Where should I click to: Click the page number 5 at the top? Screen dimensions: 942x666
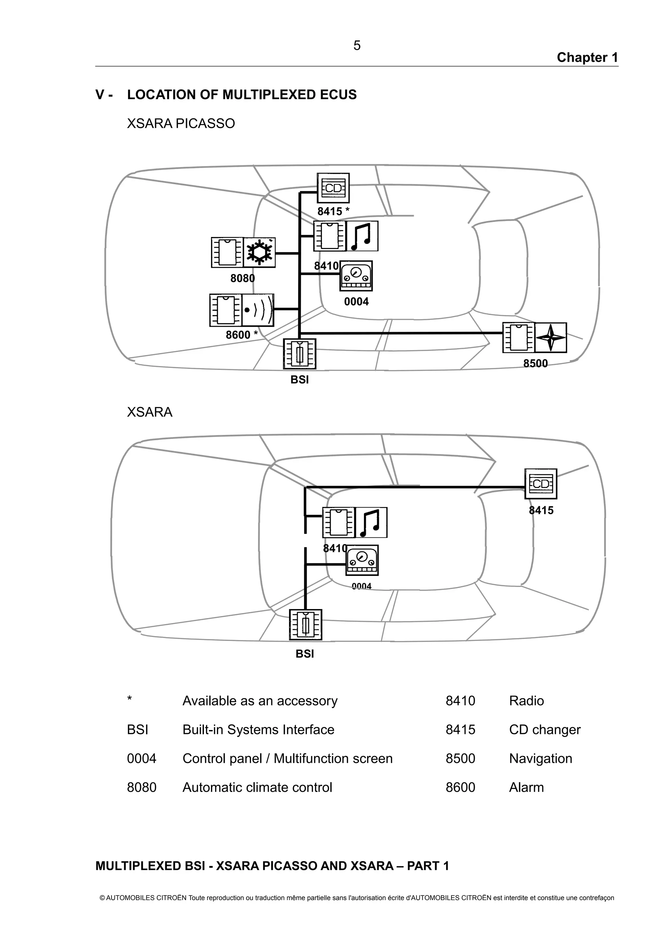[x=357, y=46]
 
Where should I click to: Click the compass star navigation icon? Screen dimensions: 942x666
[x=551, y=338]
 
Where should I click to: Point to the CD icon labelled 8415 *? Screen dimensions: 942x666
[x=333, y=188]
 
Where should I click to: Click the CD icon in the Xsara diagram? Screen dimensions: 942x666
[x=540, y=484]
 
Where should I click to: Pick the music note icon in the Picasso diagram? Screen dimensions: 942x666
[x=362, y=236]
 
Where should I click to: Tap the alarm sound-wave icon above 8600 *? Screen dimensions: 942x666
[x=258, y=310]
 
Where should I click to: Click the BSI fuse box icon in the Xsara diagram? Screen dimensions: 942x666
[x=305, y=624]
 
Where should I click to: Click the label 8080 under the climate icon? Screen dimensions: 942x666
[x=243, y=278]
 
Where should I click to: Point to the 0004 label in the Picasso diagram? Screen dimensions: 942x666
[x=356, y=302]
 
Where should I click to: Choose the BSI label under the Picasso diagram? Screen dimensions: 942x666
[x=300, y=380]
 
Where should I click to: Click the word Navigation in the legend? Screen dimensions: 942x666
[x=540, y=759]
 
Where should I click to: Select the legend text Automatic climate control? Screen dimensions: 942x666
[x=257, y=787]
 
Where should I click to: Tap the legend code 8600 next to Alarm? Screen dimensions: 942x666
[x=460, y=787]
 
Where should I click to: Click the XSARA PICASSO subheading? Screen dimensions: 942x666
[x=181, y=124]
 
